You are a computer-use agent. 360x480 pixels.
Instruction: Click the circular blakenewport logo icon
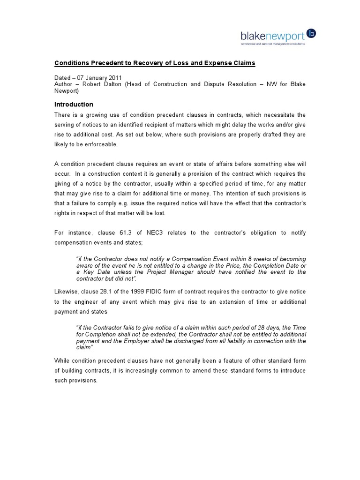[x=312, y=34]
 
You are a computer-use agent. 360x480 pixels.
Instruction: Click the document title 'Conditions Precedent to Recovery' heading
[x=155, y=63]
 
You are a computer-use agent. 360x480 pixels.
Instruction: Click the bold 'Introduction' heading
[x=74, y=105]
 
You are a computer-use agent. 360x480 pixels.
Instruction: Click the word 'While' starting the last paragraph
[x=63, y=360]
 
